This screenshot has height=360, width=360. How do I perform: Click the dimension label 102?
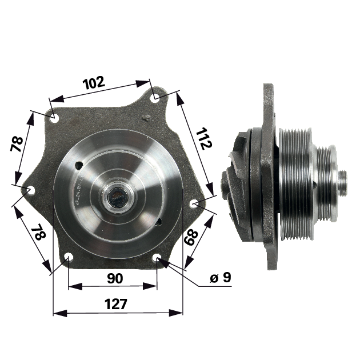pos(94,83)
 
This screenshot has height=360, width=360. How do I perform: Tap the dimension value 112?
pos(203,139)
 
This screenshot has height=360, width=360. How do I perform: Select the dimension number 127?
pos(115,304)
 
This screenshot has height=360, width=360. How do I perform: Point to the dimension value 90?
pos(115,278)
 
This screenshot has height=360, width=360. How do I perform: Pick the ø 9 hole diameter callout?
pos(221,278)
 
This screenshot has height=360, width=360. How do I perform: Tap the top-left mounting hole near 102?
pos(55,118)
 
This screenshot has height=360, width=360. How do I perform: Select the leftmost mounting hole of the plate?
pos(31,190)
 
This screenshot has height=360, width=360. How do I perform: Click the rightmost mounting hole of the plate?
pos(195,203)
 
